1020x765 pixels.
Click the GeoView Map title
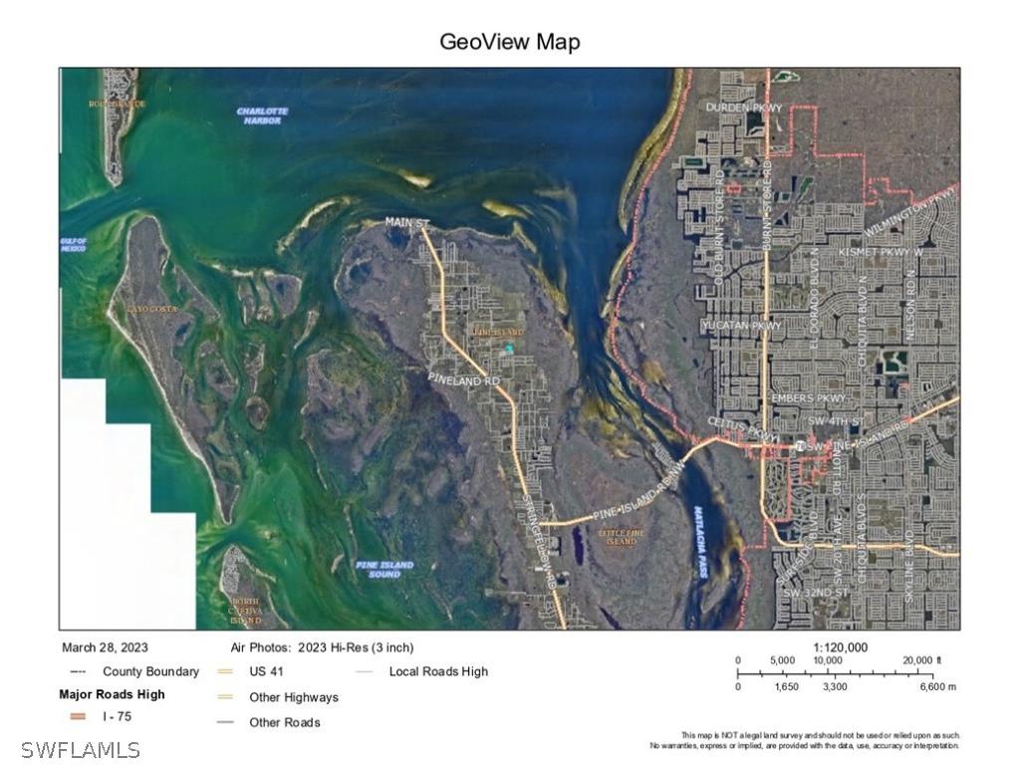pyautogui.click(x=509, y=42)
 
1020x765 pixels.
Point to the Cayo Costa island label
pyautogui.click(x=151, y=310)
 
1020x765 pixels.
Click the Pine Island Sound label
pyautogui.click(x=384, y=570)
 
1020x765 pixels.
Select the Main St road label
pyautogui.click(x=406, y=223)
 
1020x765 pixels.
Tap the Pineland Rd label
pyautogui.click(x=463, y=381)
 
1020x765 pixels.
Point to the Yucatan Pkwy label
pyautogui.click(x=741, y=326)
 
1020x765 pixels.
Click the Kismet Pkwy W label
pyautogui.click(x=881, y=253)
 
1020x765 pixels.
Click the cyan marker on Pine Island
pyautogui.click(x=509, y=348)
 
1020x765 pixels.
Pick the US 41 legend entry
pyautogui.click(x=266, y=671)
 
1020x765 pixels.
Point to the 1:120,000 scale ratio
pyautogui.click(x=840, y=647)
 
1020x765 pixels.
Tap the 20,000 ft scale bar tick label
pyautogui.click(x=922, y=660)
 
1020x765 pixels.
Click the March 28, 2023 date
pyautogui.click(x=105, y=647)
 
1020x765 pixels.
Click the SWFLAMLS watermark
pyautogui.click(x=71, y=749)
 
